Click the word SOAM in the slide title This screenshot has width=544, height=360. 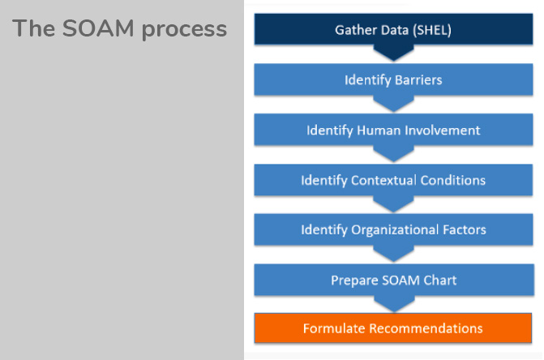tap(98, 28)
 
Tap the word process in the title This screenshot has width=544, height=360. tap(184, 30)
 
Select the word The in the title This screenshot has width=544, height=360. tap(34, 28)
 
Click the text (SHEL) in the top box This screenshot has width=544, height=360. tap(432, 30)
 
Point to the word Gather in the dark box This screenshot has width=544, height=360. tap(354, 30)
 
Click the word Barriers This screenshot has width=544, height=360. tap(418, 80)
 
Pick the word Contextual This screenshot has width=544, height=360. tap(383, 180)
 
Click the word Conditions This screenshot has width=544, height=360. tap(452, 180)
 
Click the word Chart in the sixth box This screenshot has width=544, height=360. tap(440, 281)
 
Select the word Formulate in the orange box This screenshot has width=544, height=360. tap(334, 328)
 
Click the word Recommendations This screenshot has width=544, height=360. tap(426, 328)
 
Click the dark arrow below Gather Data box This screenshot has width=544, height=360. tap(393, 53)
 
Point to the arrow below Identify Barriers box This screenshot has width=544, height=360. tap(393, 103)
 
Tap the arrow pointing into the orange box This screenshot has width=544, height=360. tap(394, 304)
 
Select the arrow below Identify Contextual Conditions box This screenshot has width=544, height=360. tap(393, 204)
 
